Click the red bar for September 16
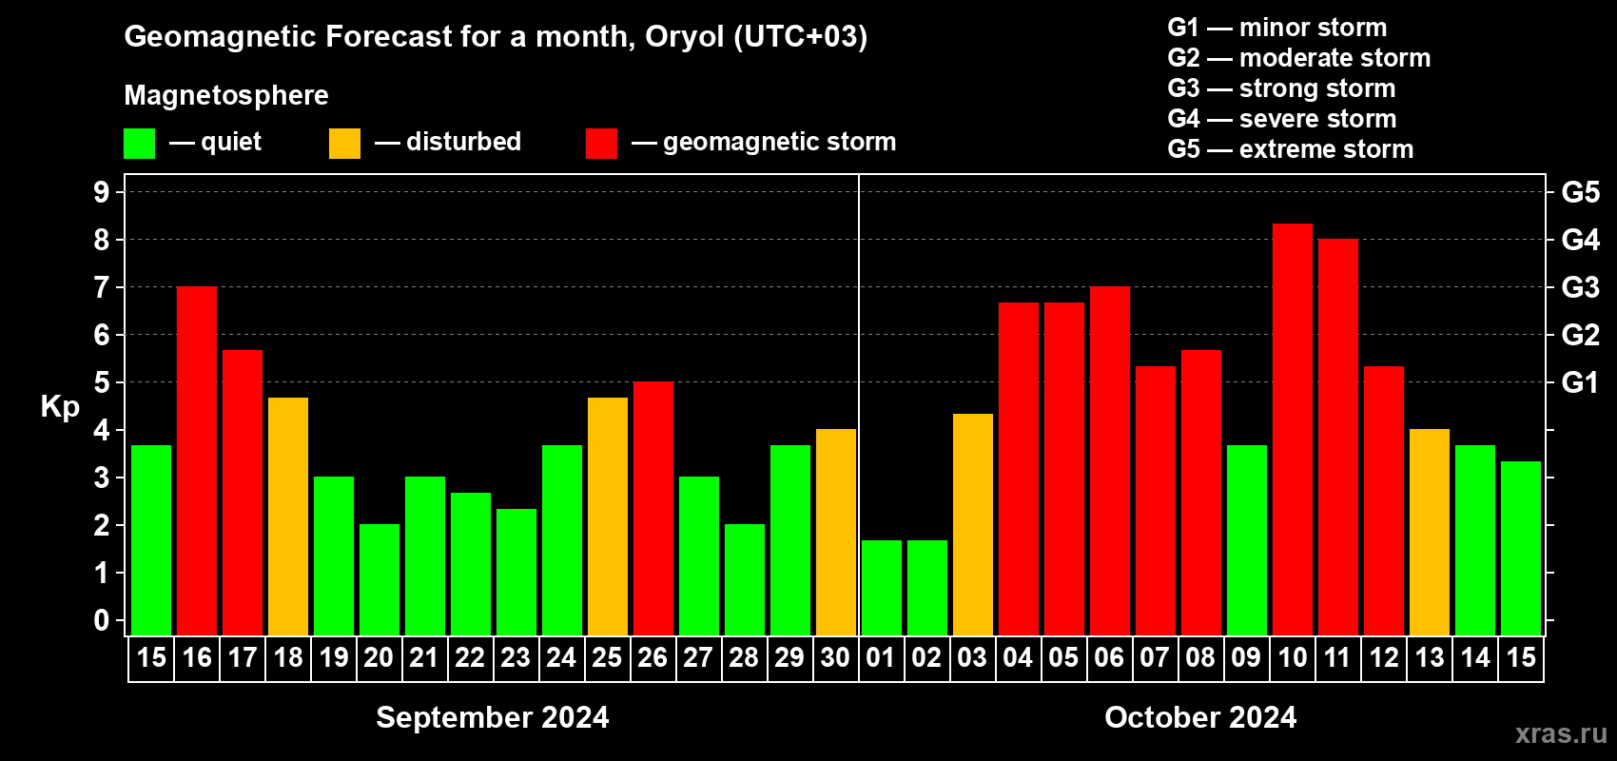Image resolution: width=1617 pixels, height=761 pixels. tap(197, 460)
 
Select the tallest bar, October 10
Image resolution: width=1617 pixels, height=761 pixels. tap(1292, 430)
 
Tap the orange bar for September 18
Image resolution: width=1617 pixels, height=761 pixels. tap(288, 517)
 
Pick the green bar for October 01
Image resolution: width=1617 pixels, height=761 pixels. tap(882, 588)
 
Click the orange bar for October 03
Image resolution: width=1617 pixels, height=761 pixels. tap(973, 524)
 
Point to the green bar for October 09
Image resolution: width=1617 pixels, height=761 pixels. tap(1247, 540)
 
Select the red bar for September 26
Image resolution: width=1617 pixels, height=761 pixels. tap(653, 508)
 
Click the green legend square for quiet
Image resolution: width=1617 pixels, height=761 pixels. tap(139, 144)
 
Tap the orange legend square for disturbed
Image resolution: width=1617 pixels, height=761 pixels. tap(344, 144)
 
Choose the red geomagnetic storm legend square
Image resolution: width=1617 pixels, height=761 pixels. tap(601, 144)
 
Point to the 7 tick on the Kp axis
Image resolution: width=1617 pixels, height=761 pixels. tap(101, 287)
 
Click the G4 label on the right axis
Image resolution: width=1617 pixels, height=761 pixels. tap(1580, 240)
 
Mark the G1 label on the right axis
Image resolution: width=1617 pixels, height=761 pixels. tap(1580, 382)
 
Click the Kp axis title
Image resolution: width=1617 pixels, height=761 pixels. tap(60, 407)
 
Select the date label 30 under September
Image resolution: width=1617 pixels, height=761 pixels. tap(835, 657)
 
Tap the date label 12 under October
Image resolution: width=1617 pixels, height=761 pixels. tap(1384, 657)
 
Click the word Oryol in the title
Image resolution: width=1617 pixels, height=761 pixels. tap(684, 37)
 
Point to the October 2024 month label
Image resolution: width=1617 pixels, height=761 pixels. tap(1200, 717)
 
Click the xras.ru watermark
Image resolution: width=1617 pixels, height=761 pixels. tap(1561, 734)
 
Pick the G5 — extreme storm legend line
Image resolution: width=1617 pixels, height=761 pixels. tap(1291, 149)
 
